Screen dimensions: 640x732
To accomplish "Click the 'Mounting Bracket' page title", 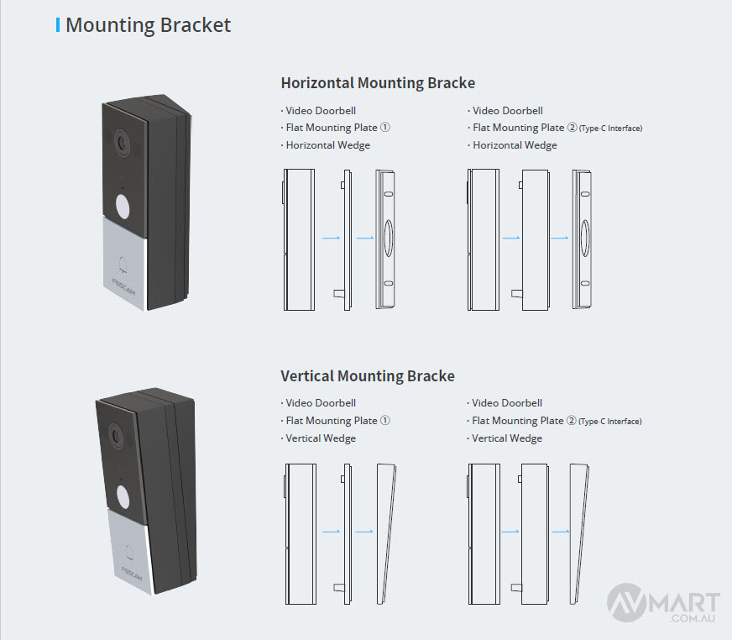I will pyautogui.click(x=148, y=25).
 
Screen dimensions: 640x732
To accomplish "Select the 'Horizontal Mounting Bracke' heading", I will pyautogui.click(x=378, y=83).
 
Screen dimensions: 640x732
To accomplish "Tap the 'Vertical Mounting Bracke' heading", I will pyautogui.click(x=368, y=375).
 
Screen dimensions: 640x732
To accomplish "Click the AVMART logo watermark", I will pyautogui.click(x=664, y=605).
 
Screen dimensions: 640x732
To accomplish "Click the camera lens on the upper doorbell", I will pyautogui.click(x=123, y=142).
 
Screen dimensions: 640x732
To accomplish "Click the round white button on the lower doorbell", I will pyautogui.click(x=125, y=495).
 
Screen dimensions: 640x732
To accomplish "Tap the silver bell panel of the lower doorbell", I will pyautogui.click(x=130, y=550).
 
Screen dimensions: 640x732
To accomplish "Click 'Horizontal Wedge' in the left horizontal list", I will pyautogui.click(x=327, y=145).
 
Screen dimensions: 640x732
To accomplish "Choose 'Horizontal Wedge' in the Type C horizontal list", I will pyautogui.click(x=515, y=145).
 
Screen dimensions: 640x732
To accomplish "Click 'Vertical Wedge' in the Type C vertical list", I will pyautogui.click(x=507, y=438).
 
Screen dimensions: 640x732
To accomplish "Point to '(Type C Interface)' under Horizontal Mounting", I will pyautogui.click(x=610, y=129).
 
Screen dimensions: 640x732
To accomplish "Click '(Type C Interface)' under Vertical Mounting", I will pyautogui.click(x=610, y=422).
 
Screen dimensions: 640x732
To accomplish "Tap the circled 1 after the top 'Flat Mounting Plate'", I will pyautogui.click(x=385, y=128).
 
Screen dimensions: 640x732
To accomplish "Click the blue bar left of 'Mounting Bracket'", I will pyautogui.click(x=57, y=25).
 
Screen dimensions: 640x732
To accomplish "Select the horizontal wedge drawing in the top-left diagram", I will pyautogui.click(x=387, y=239).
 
